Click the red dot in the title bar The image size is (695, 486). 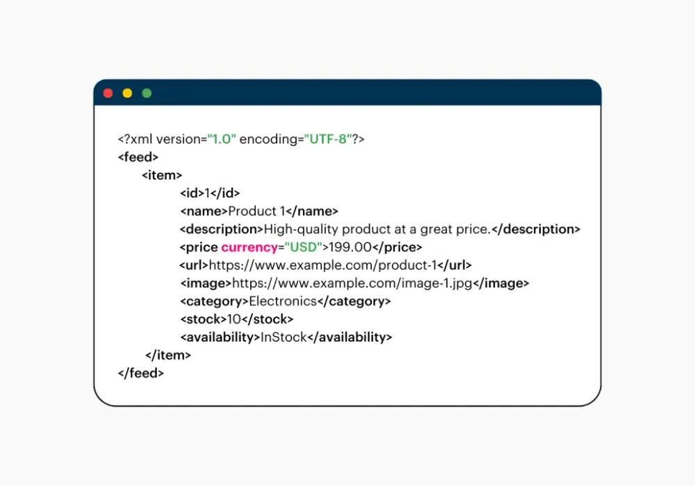tap(108, 93)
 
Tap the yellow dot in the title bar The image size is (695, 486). tap(127, 93)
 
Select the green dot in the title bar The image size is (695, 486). tap(147, 93)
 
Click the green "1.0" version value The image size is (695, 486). tap(222, 139)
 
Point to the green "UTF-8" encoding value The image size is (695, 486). tap(328, 139)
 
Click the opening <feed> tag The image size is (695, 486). tap(138, 157)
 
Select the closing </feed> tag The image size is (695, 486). tap(141, 373)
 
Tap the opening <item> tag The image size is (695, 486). tap(162, 175)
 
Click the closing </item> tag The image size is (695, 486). tap(168, 355)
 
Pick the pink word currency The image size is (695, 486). tap(249, 247)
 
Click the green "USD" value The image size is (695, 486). tap(304, 247)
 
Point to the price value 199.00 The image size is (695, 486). tap(350, 247)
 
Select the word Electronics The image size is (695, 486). tap(283, 301)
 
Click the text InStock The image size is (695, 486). tap(284, 337)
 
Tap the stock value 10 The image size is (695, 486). tap(234, 319)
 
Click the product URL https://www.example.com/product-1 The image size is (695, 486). tap(322, 265)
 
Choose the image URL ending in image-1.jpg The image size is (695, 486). tap(352, 283)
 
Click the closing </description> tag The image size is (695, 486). tap(536, 229)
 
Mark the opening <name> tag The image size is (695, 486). tap(204, 211)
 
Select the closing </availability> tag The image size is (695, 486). tap(350, 337)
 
